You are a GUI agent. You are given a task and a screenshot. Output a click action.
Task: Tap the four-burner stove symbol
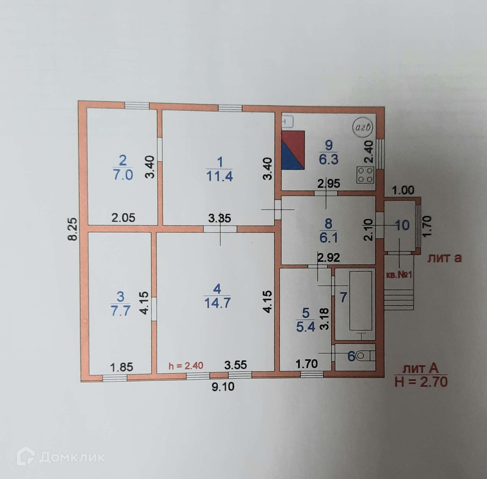click(x=365, y=175)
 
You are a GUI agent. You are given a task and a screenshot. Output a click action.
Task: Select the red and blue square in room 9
click(x=293, y=150)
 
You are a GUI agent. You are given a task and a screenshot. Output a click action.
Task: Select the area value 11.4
click(x=219, y=176)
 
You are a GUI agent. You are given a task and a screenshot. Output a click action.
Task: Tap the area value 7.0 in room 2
click(x=123, y=175)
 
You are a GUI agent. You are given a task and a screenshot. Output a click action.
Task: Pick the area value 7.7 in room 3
click(x=121, y=311)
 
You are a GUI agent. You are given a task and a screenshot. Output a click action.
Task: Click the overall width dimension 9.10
click(x=223, y=387)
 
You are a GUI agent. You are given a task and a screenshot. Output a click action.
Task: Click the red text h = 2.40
click(x=186, y=366)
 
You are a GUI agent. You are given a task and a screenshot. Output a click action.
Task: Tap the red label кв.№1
click(x=399, y=275)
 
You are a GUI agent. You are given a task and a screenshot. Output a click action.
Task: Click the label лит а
click(x=444, y=258)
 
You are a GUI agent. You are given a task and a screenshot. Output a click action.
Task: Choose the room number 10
click(x=402, y=225)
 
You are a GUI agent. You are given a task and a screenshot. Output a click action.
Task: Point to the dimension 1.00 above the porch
click(x=403, y=190)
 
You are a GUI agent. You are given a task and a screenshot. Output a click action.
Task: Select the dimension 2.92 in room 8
click(x=329, y=258)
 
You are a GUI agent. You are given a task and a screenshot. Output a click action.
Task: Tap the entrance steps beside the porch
click(x=398, y=300)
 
